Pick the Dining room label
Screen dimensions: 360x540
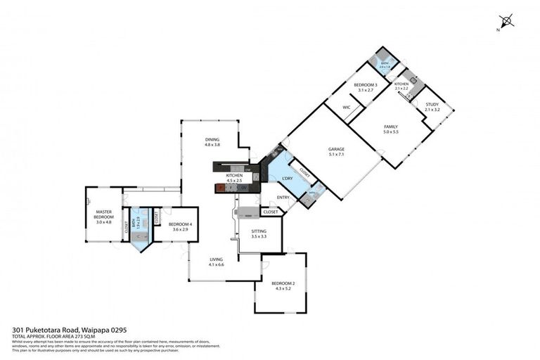point(212,139)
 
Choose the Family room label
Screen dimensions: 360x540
point(391,127)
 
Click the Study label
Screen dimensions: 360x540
point(432,105)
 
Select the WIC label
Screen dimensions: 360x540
point(347,107)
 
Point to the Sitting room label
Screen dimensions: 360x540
point(259,231)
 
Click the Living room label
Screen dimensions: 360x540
point(216,259)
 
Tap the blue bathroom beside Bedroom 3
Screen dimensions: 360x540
point(385,65)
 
